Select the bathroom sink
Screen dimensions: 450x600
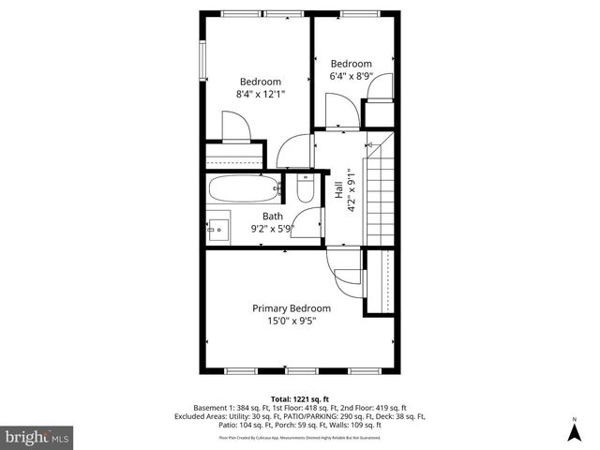(x=219, y=228)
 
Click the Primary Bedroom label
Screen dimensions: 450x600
(x=292, y=307)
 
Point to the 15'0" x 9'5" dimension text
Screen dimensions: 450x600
(x=292, y=321)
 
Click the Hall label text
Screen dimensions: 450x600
(x=337, y=190)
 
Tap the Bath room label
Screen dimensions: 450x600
(x=272, y=216)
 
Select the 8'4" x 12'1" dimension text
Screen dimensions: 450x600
(x=260, y=94)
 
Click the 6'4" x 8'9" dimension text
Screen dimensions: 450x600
(x=352, y=76)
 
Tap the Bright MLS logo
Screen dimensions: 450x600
(x=37, y=436)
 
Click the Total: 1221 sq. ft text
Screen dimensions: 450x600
(x=299, y=398)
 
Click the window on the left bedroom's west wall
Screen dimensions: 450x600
(x=201, y=61)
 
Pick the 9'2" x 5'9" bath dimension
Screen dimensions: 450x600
(x=273, y=228)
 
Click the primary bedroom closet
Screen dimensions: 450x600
(x=381, y=281)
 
